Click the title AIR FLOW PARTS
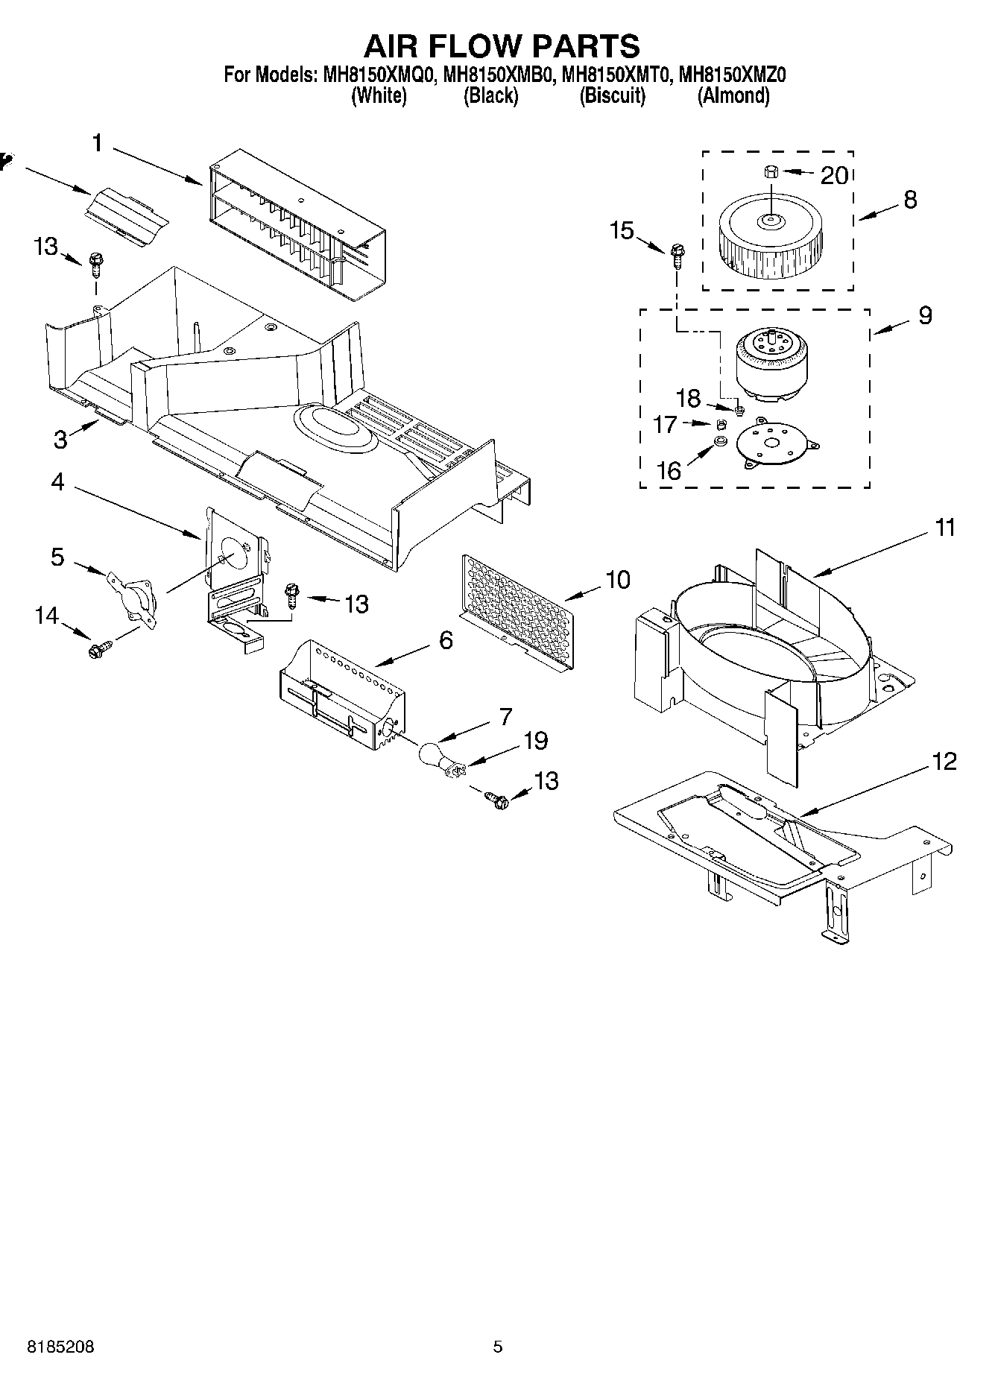point(501,46)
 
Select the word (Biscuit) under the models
point(612,95)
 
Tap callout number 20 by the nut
point(834,175)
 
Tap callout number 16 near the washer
point(669,470)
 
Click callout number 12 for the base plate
point(943,762)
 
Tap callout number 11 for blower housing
point(944,528)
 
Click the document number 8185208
point(60,1347)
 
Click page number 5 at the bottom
point(498,1347)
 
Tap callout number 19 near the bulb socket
point(535,741)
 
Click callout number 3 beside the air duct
point(60,439)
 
